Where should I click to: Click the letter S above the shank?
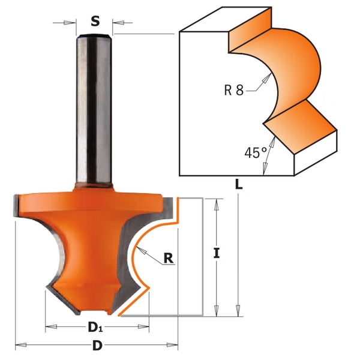point(95,21)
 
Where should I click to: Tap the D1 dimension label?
point(95,327)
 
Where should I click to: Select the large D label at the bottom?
point(97,345)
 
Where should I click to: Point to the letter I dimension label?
point(217,253)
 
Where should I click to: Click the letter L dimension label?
point(239,184)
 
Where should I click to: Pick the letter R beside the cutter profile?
point(168,258)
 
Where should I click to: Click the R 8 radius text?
point(234,90)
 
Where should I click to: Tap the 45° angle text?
point(256,152)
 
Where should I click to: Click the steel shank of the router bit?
point(94,110)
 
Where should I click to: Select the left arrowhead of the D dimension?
point(20,345)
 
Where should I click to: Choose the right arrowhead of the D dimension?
point(172,345)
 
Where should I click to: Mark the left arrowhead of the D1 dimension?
point(51,327)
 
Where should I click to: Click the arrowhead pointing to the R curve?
point(141,250)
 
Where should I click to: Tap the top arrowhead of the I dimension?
point(216,205)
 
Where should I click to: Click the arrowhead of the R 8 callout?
point(267,77)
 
